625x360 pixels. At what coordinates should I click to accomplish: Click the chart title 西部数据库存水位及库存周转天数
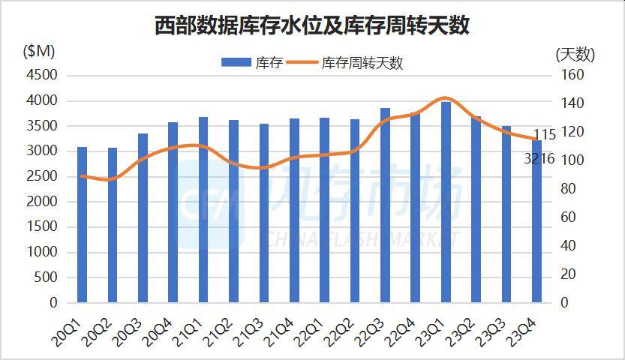tap(311, 25)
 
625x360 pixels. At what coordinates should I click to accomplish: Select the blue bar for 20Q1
tap(83, 225)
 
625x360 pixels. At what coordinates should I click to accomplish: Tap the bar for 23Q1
tap(446, 202)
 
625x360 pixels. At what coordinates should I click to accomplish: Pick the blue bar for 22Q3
tap(386, 205)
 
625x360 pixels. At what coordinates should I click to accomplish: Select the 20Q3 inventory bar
tap(143, 218)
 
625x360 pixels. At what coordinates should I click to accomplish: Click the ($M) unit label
tap(39, 52)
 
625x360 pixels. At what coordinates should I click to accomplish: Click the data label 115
tap(543, 135)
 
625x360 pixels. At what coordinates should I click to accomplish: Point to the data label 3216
tap(539, 158)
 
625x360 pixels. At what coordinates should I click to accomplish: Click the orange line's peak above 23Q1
tap(445, 98)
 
